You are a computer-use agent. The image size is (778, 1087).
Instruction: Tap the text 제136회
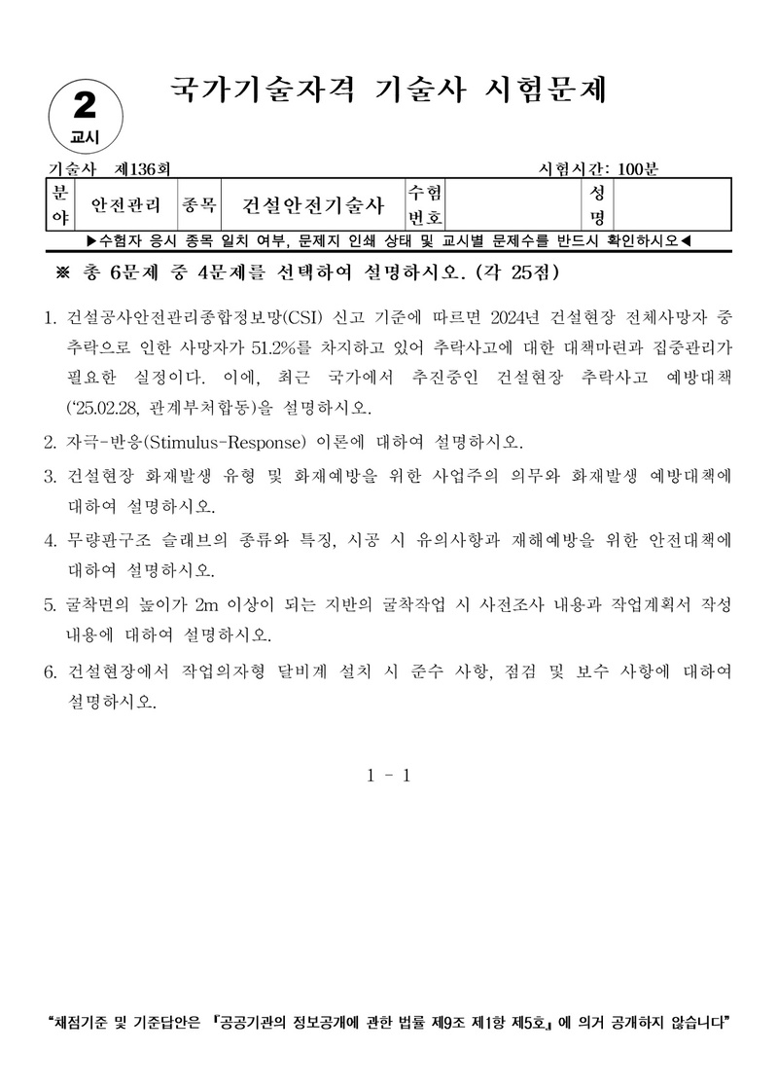tap(143, 169)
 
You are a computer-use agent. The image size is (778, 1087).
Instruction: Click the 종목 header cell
tap(198, 205)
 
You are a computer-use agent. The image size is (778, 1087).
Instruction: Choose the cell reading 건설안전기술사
tap(313, 205)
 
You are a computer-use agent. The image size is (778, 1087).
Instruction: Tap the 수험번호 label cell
tap(424, 204)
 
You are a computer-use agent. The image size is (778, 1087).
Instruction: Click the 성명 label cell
tap(596, 204)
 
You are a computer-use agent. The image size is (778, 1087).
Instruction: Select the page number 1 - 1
tap(389, 776)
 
